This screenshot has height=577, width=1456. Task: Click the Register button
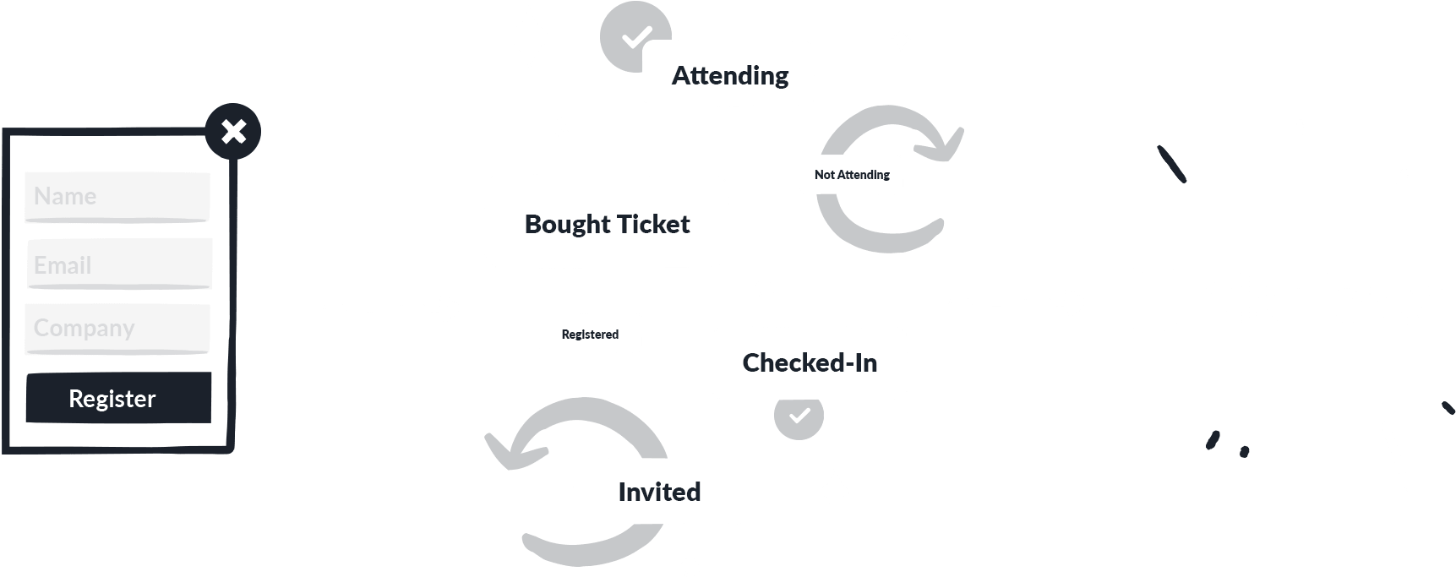pyautogui.click(x=118, y=397)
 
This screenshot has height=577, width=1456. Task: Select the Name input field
pyautogui.click(x=117, y=197)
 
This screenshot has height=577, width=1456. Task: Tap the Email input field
pyautogui.click(x=119, y=264)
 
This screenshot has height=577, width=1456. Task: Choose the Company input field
pyautogui.click(x=117, y=329)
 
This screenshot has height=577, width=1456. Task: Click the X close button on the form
pyautogui.click(x=233, y=131)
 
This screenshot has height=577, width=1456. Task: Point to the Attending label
pyautogui.click(x=730, y=76)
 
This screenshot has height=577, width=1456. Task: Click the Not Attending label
pyautogui.click(x=852, y=175)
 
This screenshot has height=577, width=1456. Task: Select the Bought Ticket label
pyautogui.click(x=607, y=224)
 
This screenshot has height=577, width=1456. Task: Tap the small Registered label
pyautogui.click(x=590, y=335)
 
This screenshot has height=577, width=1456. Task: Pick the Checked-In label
pyautogui.click(x=810, y=362)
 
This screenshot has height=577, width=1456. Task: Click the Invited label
pyautogui.click(x=659, y=492)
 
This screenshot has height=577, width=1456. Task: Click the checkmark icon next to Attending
pyautogui.click(x=635, y=37)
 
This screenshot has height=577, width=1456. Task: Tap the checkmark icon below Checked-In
pyautogui.click(x=799, y=416)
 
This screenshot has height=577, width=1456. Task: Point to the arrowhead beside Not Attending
pyautogui.click(x=943, y=144)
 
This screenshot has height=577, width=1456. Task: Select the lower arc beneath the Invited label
pyautogui.click(x=592, y=547)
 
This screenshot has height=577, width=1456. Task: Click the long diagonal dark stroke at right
pyautogui.click(x=1171, y=164)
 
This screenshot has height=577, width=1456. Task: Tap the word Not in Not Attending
pyautogui.click(x=824, y=175)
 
